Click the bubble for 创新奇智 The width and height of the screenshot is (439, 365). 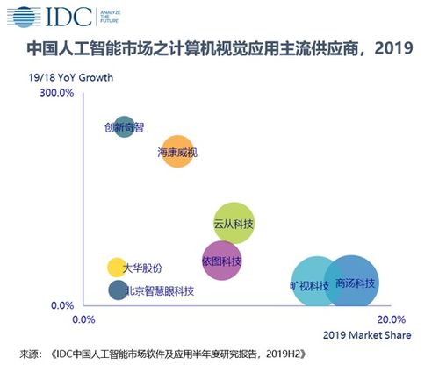(126, 127)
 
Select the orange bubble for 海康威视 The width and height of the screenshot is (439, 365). (177, 152)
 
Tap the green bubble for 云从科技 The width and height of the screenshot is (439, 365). (234, 225)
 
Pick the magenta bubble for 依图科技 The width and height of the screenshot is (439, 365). (221, 261)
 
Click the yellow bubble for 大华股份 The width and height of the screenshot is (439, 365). (117, 268)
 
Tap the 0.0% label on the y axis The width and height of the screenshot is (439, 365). (61, 305)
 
